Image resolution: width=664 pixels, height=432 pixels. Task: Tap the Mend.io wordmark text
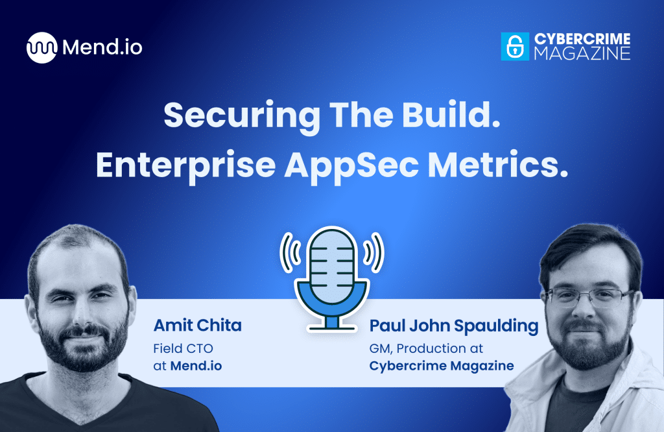click(102, 47)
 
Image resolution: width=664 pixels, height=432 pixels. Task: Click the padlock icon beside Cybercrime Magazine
click(515, 47)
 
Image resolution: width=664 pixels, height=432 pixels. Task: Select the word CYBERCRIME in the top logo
click(582, 40)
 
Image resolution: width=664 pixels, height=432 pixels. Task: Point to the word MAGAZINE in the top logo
click(582, 54)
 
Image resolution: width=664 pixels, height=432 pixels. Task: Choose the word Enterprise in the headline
click(184, 165)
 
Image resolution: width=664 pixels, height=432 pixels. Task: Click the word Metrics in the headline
click(506, 165)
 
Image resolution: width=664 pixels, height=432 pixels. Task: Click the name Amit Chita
click(198, 326)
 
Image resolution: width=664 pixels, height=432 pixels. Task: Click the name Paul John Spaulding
click(453, 326)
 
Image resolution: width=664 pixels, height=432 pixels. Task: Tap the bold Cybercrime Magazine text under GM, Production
click(441, 366)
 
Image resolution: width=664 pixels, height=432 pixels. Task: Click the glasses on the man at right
click(587, 296)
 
